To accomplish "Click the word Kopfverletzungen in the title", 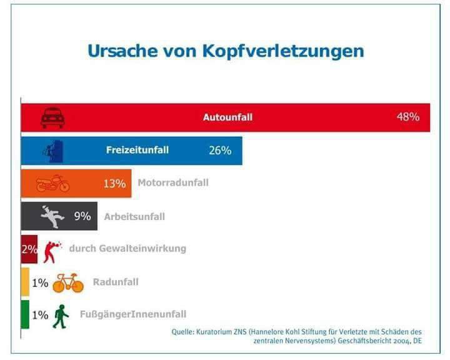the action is pos(283,52).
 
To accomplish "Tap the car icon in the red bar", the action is pos(52,117).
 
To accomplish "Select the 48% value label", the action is pos(408,117).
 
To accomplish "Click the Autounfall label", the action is pos(228,117).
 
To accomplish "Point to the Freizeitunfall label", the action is pos(137,150).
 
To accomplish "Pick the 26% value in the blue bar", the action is pos(220,151).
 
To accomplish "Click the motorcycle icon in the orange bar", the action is pos(52,183).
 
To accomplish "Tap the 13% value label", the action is pos(114,184).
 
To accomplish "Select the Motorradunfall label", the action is pos(173,182).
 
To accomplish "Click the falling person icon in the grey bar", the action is pos(52,216).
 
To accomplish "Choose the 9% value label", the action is pos(82,216).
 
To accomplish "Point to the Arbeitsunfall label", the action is pos(134,216).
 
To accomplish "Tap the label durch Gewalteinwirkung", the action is pos(127,248).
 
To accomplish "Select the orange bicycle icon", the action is pos(68,282).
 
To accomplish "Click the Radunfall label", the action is pos(116,282).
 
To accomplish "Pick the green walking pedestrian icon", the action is pos(61,316).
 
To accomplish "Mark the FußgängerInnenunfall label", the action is pos(133,314).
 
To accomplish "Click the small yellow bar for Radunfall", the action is pos(25,282).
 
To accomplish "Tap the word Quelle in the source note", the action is pos(182,332).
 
